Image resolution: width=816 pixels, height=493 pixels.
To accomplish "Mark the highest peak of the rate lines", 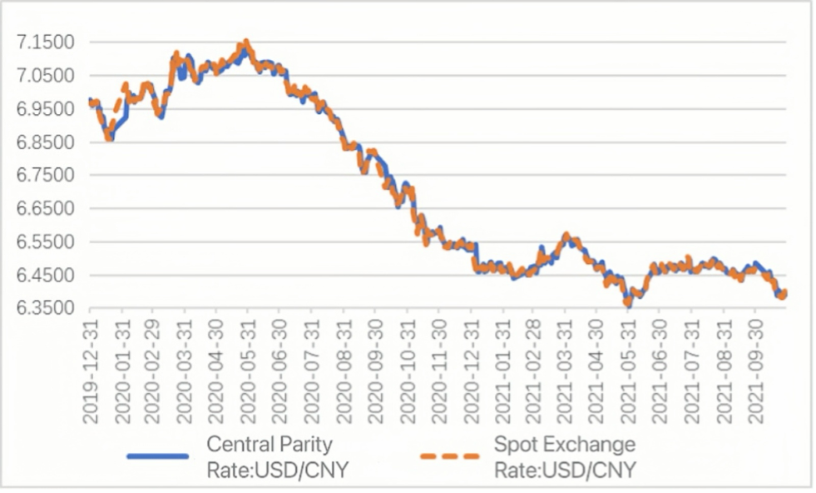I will point(245,42).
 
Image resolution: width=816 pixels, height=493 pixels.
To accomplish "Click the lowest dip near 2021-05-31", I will point(628,305).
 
